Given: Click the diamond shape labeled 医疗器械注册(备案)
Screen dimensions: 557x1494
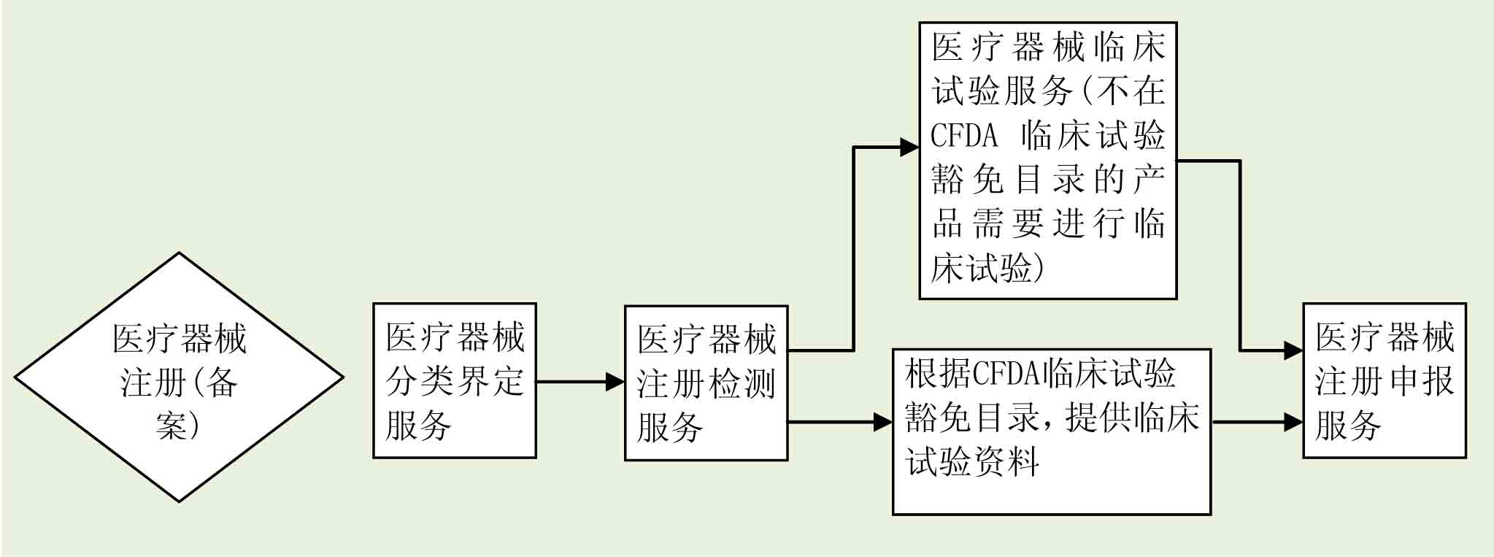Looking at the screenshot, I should pos(179,377).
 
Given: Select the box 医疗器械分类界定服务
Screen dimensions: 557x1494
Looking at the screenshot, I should pos(454,380).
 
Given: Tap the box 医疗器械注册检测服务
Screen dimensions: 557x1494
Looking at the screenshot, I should pos(706,383).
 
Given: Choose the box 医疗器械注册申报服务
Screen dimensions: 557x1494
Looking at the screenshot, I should pos(1384,380).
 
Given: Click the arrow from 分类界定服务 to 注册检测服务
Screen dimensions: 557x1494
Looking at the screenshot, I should pos(579,381).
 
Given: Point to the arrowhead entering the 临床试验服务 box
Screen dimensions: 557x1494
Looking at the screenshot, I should pos(909,147).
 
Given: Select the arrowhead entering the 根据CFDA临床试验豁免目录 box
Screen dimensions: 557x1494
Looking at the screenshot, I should pos(883,422).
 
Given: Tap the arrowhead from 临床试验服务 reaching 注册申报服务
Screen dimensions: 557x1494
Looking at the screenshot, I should pos(1294,351).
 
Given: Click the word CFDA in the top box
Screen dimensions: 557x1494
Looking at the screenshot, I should pos(964,136).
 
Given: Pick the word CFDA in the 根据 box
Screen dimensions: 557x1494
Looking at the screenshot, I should pos(1006,374).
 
